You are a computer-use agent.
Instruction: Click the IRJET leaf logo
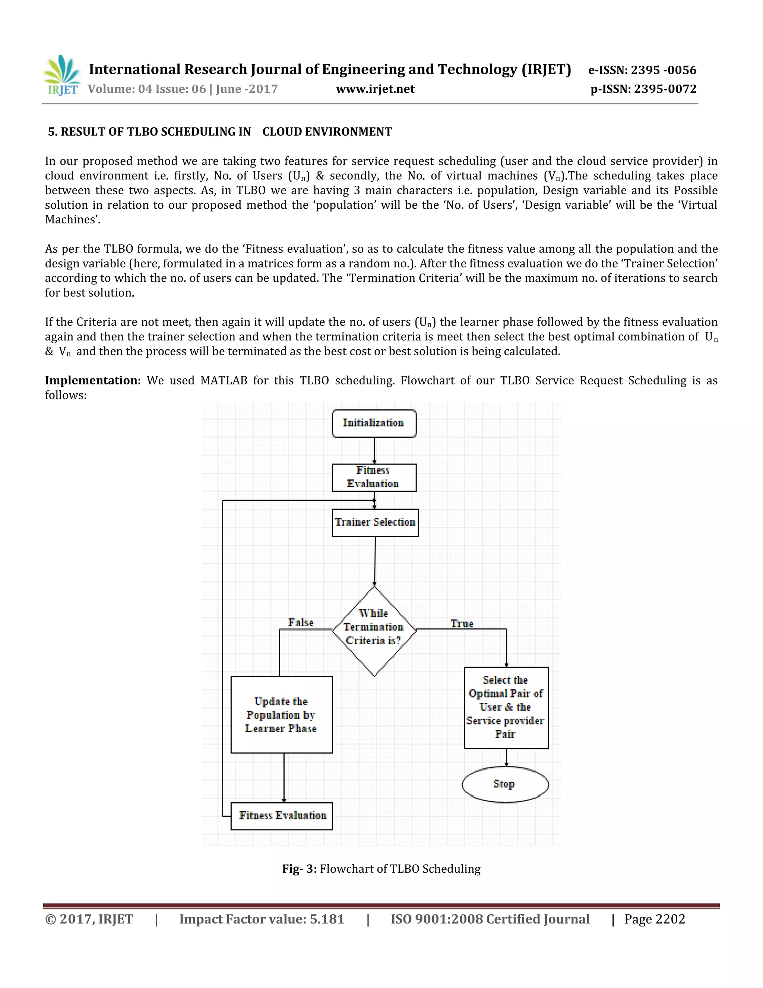[62, 75]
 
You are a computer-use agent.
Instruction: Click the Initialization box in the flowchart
[374, 424]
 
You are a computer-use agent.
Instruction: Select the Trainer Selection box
[375, 522]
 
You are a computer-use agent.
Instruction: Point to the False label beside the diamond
[301, 623]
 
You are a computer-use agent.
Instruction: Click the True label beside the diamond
[462, 623]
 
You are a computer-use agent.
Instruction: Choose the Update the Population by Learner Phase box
[281, 715]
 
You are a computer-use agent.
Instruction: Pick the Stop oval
[505, 784]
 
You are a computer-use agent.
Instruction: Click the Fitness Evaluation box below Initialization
[374, 477]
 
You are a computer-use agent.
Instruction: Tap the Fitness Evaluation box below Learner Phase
[281, 816]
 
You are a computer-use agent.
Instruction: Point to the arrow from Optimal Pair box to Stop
[506, 757]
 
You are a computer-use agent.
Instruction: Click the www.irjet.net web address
[375, 89]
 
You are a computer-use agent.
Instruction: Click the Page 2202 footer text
[655, 919]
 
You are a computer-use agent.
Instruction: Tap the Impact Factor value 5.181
[262, 919]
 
